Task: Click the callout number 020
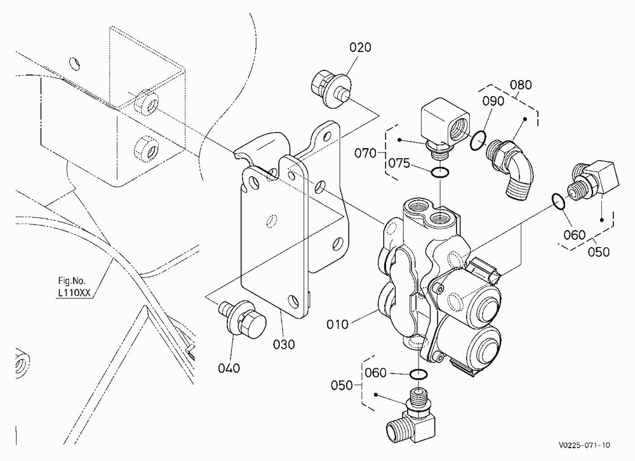360,48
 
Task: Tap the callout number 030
284,344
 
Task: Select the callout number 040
229,368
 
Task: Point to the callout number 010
337,324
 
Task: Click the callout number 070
365,153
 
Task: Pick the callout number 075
399,163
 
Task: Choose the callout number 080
521,84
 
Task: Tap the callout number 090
493,101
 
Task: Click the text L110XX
74,293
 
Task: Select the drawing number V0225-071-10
584,445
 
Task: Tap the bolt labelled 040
242,319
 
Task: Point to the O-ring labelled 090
478,140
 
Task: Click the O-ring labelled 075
439,173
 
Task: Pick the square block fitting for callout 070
446,126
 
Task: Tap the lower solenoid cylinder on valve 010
472,345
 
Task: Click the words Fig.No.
72,281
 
